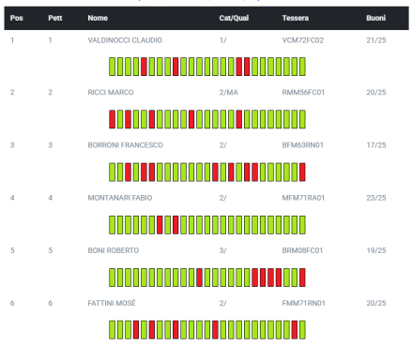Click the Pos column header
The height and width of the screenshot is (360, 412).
16,18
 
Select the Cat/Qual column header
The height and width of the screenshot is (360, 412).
234,18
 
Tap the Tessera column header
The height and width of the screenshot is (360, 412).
295,18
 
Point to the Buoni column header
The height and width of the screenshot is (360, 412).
375,18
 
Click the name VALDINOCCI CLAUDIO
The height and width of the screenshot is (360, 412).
125,40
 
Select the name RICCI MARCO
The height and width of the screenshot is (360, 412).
111,93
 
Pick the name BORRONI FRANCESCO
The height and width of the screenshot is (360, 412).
125,145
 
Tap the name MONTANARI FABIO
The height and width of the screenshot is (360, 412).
120,198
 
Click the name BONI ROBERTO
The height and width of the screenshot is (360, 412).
114,250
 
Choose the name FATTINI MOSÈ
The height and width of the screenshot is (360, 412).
112,303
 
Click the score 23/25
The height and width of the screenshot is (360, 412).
376,198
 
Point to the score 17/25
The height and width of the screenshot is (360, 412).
376,145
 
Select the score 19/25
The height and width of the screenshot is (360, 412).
376,250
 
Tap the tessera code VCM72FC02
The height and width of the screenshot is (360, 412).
302,40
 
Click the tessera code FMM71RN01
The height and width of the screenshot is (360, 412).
303,303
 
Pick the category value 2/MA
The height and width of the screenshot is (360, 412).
228,93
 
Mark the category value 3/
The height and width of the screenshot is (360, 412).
222,250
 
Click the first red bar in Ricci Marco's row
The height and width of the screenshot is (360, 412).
112,119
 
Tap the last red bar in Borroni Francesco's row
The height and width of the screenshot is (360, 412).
302,172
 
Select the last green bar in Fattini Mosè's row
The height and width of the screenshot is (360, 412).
302,330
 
